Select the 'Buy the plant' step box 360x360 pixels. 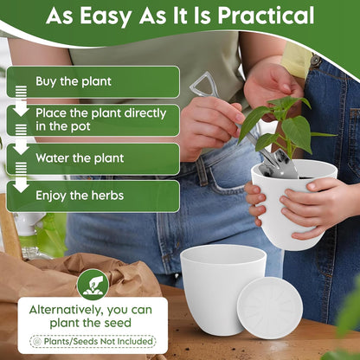93,81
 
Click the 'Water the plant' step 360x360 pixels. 93,158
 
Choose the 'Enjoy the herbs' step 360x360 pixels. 93,196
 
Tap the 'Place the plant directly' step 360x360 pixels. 93,120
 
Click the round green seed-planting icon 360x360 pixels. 93,285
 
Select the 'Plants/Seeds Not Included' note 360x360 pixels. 93,342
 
